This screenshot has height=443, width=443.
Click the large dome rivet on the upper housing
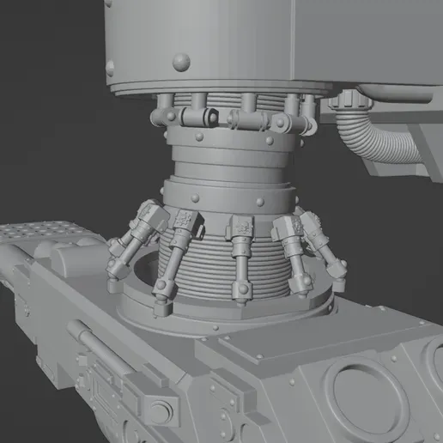click(181, 61)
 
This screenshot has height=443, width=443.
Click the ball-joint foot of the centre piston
click(241, 296)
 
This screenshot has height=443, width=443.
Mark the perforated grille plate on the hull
click(43, 233)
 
